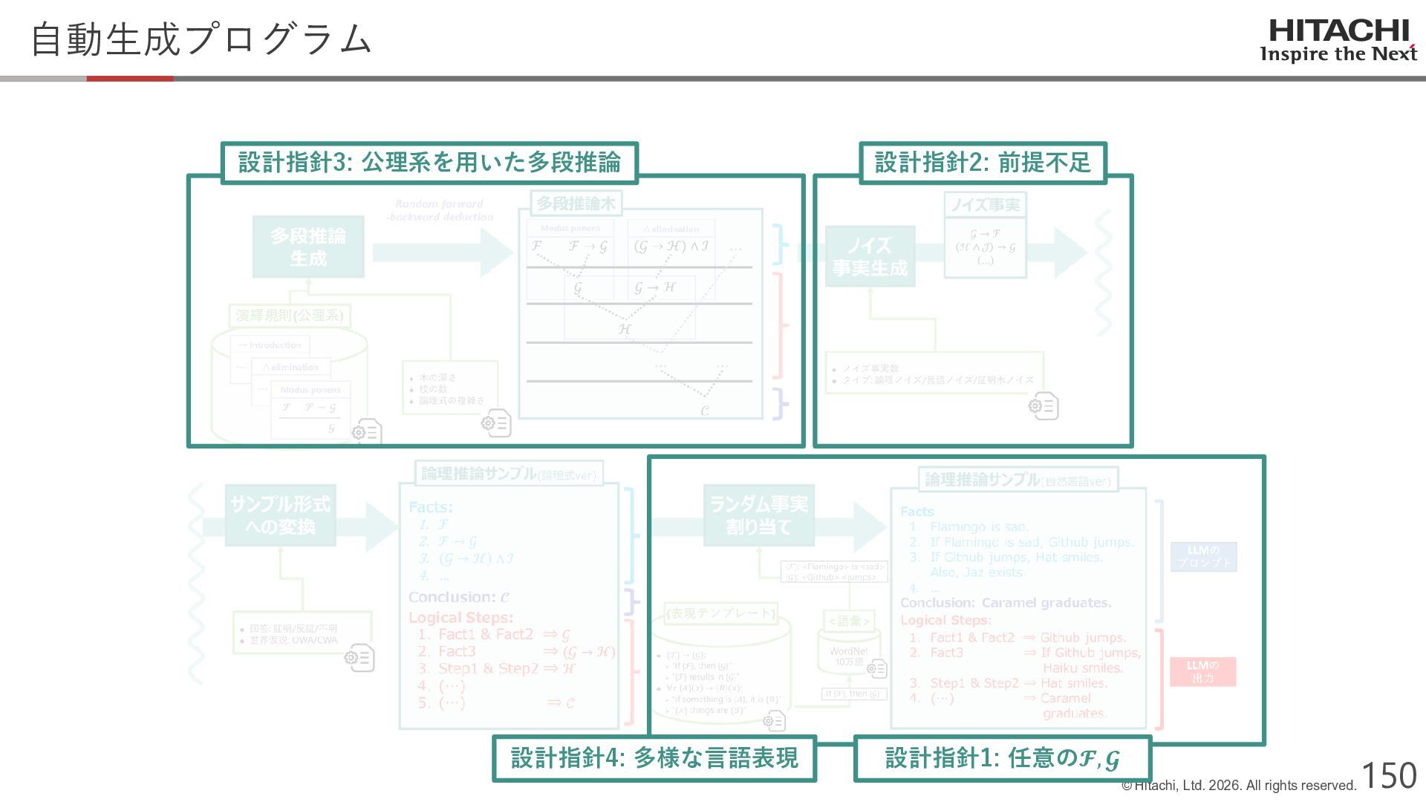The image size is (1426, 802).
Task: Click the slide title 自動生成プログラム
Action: pyautogui.click(x=201, y=39)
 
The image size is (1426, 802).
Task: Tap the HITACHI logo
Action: pyautogui.click(x=1338, y=41)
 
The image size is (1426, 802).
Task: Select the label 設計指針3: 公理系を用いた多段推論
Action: pyautogui.click(x=429, y=163)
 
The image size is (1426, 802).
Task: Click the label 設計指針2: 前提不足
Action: pyautogui.click(x=983, y=163)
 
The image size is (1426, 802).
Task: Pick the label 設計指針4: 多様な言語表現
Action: pyautogui.click(x=654, y=758)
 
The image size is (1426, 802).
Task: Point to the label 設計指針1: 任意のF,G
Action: pyautogui.click(x=1002, y=758)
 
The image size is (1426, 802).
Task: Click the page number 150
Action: pyautogui.click(x=1389, y=776)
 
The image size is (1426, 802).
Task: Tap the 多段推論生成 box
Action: pyautogui.click(x=308, y=247)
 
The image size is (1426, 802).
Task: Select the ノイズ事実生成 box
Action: pyautogui.click(x=870, y=256)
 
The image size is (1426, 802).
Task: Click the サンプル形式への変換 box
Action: pyautogui.click(x=280, y=515)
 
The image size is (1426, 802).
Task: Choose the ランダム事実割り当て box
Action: pyautogui.click(x=758, y=515)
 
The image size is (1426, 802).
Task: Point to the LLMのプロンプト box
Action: pyautogui.click(x=1203, y=556)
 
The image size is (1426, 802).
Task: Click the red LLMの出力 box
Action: pyautogui.click(x=1202, y=671)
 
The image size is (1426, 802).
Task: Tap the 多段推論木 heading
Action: pyautogui.click(x=576, y=203)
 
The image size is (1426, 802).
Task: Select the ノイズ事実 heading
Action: pyautogui.click(x=985, y=205)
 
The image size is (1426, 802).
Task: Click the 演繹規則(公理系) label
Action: pyautogui.click(x=289, y=316)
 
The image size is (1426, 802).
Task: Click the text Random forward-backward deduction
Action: pyautogui.click(x=439, y=210)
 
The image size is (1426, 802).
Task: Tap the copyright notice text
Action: pyautogui.click(x=1238, y=786)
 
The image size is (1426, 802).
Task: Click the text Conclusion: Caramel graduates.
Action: pyautogui.click(x=1006, y=603)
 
